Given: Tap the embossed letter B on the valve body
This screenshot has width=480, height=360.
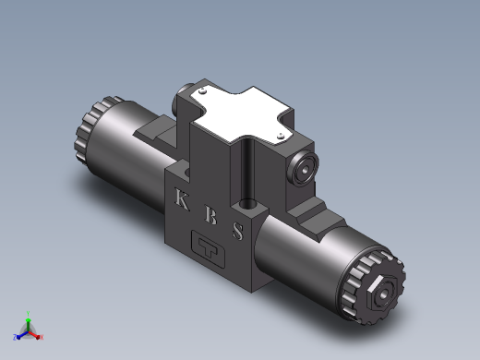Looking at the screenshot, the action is pos(211,214).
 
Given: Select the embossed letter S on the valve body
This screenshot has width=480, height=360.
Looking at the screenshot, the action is pos(238,231).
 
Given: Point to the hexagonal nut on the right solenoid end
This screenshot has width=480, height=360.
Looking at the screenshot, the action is pos(381,293).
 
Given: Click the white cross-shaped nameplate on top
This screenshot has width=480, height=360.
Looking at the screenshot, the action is pos(241,114).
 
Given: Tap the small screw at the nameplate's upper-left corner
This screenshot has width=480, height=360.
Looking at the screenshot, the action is pos(202,90).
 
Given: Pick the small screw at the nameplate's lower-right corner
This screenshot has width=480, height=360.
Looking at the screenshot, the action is pos(281,136).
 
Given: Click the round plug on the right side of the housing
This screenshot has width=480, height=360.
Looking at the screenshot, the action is pos(304,168).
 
